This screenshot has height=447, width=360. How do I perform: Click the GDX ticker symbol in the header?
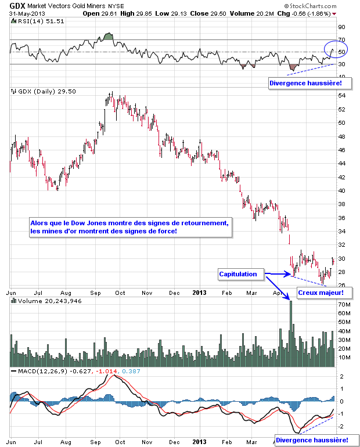coord(17,5)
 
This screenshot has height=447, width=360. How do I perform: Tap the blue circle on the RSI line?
coord(335,51)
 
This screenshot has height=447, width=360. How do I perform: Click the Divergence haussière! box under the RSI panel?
coord(309,84)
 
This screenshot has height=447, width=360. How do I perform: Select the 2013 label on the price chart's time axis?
coord(200,293)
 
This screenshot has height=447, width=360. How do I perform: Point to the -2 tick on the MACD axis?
coord(341,426)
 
